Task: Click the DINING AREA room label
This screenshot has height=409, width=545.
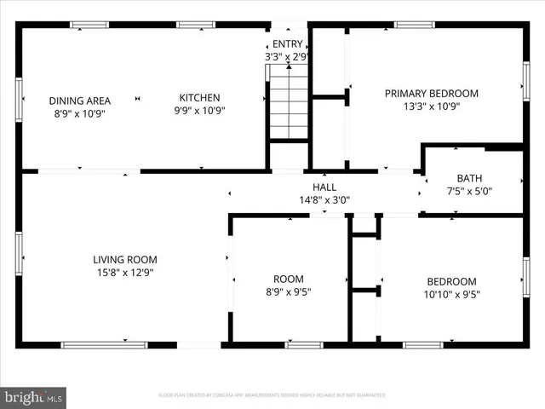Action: click(79, 101)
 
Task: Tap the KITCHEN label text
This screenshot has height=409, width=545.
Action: click(199, 98)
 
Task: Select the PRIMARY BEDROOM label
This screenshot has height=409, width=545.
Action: click(431, 94)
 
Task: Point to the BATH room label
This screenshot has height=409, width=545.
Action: click(469, 178)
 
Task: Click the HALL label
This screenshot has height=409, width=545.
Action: click(324, 187)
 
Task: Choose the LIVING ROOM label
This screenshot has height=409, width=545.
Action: click(124, 260)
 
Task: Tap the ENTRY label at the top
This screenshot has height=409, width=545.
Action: click(286, 44)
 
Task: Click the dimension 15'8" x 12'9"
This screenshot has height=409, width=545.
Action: click(124, 273)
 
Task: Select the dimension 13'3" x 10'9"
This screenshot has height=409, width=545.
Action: click(431, 107)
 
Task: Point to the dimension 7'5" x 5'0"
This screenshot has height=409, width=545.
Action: click(469, 191)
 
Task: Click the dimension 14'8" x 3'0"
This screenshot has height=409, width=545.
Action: click(324, 200)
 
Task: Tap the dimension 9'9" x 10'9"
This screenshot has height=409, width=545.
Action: click(199, 111)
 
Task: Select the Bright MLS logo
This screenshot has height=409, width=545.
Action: click(34, 397)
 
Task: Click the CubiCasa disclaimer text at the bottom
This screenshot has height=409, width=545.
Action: click(272, 395)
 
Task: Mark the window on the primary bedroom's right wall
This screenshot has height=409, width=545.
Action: click(525, 81)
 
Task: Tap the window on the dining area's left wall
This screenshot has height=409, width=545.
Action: click(19, 100)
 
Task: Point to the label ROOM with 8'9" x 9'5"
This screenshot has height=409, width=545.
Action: click(288, 279)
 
